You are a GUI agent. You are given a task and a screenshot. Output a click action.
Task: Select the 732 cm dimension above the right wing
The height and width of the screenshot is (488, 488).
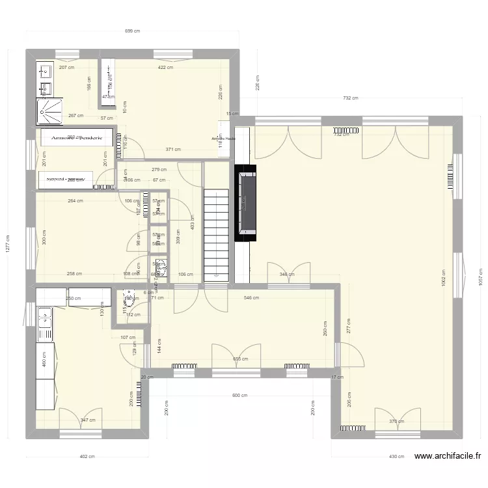pyautogui.click(x=351, y=98)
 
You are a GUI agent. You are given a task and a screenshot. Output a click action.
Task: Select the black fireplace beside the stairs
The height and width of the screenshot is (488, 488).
pyautogui.click(x=245, y=202)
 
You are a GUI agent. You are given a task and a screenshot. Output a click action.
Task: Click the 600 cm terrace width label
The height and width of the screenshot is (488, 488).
pyautogui.click(x=239, y=395)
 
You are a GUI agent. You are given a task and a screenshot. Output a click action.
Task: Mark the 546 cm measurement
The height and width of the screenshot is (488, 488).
pyautogui.click(x=251, y=298)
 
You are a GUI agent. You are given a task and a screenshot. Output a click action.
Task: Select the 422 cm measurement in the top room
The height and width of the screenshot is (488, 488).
pyautogui.click(x=165, y=68)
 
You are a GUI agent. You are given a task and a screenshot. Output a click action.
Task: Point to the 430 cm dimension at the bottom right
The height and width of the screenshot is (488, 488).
pyautogui.click(x=396, y=457)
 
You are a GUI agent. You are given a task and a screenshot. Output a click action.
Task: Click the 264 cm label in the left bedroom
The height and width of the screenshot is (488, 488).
pyautogui.click(x=75, y=201)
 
